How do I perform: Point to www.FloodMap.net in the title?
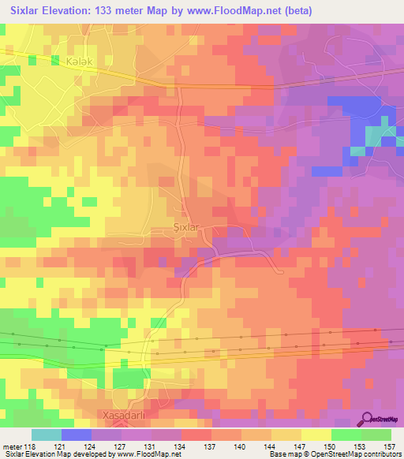237,11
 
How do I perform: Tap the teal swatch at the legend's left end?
46,435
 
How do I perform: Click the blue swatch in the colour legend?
77,435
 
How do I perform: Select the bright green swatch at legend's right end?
376,435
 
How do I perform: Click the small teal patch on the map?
358,150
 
